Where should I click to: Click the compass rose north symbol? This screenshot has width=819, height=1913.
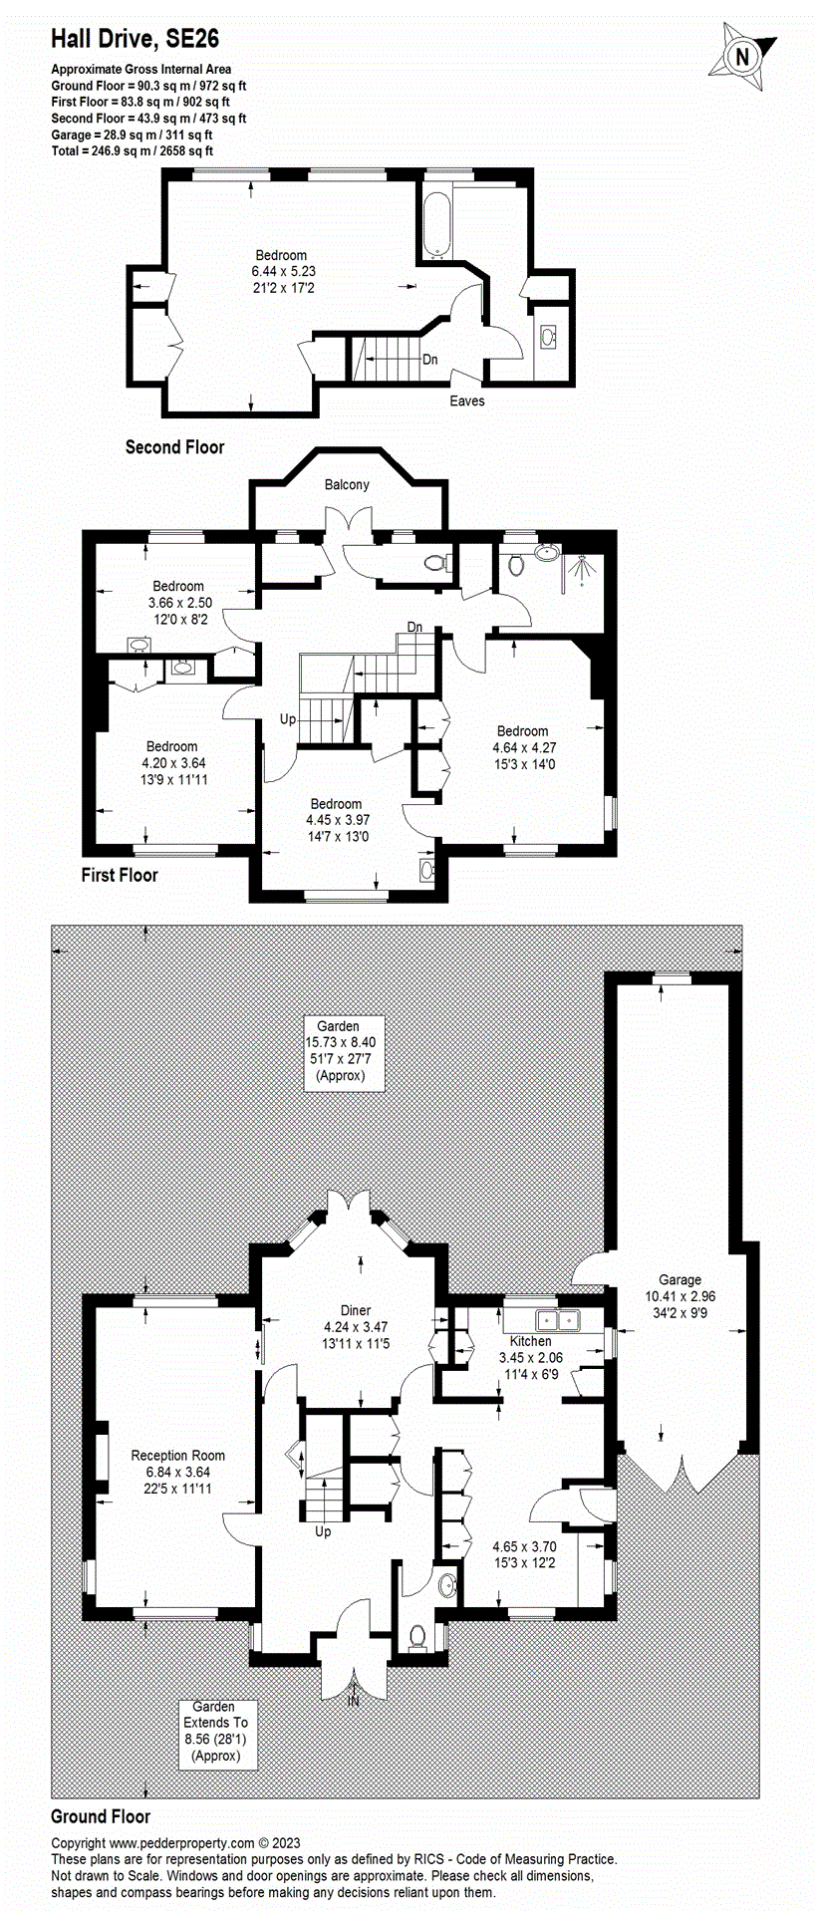(x=741, y=57)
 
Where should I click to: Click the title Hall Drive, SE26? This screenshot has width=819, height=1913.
(x=135, y=39)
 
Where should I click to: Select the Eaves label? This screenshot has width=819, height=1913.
(x=466, y=401)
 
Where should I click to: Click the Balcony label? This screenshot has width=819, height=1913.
(x=347, y=484)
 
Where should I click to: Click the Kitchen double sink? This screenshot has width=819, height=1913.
(x=557, y=1320)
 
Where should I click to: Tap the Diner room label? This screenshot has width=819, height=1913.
(x=356, y=1327)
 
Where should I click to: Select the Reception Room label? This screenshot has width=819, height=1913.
(x=178, y=1472)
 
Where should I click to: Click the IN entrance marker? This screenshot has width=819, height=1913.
(x=353, y=1702)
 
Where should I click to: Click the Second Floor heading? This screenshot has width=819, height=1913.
(x=174, y=447)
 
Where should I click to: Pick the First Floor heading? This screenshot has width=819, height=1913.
(x=120, y=875)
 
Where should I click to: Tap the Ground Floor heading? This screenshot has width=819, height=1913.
(x=101, y=1816)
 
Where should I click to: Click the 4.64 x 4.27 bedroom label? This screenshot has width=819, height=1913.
(x=523, y=747)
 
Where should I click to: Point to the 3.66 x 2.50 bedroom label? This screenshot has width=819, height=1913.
(x=178, y=602)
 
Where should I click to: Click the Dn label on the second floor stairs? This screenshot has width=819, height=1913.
(x=429, y=360)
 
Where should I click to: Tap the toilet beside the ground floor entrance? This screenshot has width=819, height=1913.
(x=418, y=1635)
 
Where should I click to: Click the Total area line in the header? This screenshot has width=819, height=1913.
(x=132, y=150)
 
